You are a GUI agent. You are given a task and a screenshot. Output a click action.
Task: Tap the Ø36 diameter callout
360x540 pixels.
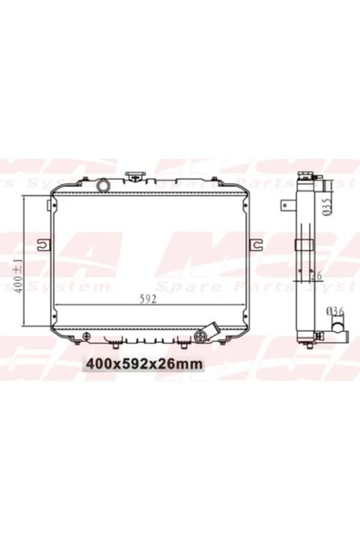tap(334, 313)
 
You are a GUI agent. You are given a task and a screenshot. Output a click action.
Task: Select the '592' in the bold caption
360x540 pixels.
tap(133, 362)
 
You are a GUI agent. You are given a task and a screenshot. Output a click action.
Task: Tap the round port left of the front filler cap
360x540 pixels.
tap(104, 185)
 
